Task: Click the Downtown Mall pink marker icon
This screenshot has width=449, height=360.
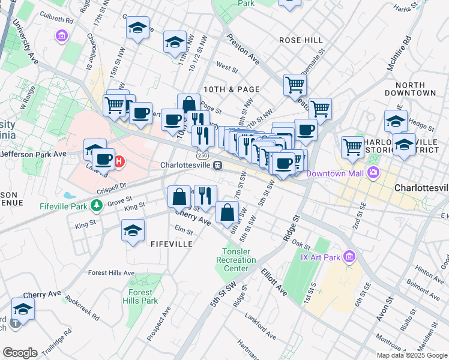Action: (x=374, y=174)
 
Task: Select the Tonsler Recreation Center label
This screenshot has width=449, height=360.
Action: (x=238, y=260)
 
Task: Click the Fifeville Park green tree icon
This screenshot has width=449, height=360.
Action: (x=97, y=206)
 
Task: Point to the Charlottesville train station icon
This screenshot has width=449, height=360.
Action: (x=219, y=165)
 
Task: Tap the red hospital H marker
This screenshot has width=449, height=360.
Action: (x=119, y=161)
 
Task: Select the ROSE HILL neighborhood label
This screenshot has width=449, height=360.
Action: (x=301, y=40)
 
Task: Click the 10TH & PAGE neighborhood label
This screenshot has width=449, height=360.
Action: (x=231, y=89)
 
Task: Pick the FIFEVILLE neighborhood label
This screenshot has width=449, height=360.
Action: (x=171, y=244)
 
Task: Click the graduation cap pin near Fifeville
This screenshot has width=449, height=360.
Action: (x=133, y=230)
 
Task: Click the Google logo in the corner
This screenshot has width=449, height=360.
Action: (x=20, y=353)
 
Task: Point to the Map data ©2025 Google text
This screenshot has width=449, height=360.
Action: (x=412, y=355)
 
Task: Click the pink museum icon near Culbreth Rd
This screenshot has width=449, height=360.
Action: (x=61, y=37)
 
